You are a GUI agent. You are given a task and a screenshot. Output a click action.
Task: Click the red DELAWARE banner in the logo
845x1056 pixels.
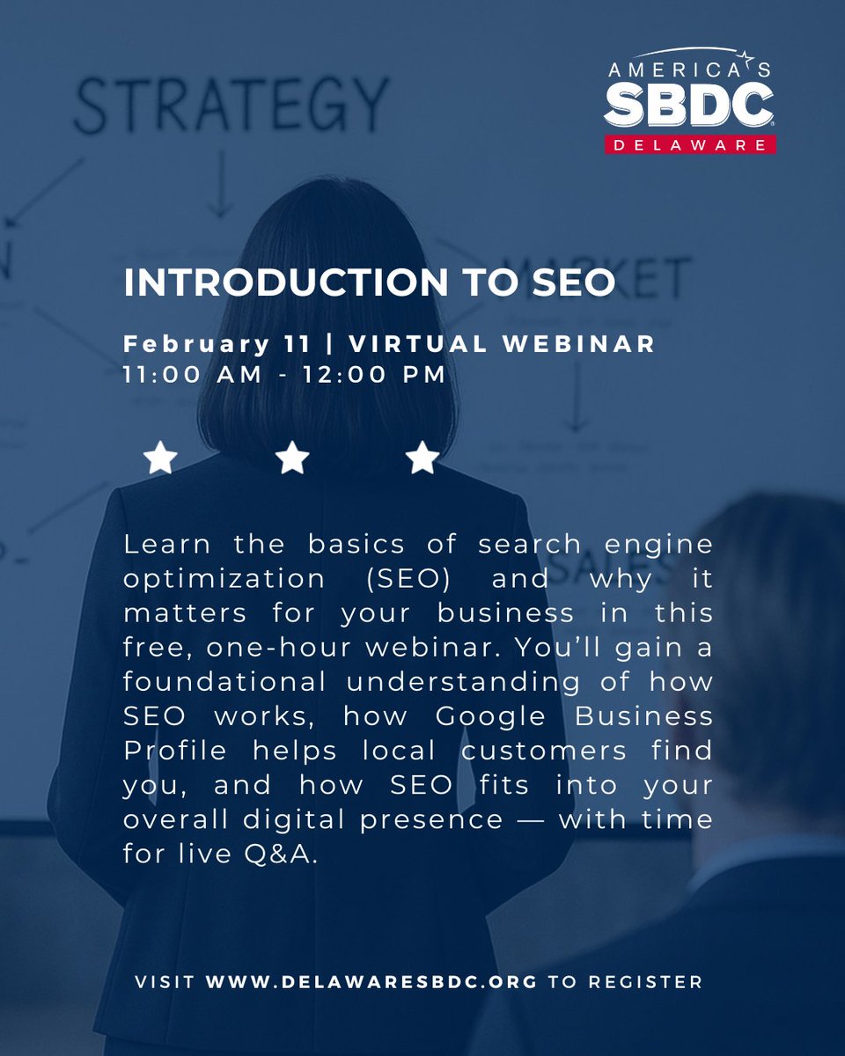(x=689, y=143)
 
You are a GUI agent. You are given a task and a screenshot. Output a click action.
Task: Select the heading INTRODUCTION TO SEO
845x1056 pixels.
(x=369, y=282)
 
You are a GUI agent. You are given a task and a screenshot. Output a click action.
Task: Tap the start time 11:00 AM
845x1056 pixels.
(x=193, y=374)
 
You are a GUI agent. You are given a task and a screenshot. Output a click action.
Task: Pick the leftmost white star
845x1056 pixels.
(x=160, y=458)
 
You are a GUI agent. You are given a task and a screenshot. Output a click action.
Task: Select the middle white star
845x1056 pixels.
(x=292, y=458)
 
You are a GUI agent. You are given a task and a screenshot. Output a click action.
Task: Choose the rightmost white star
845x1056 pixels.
(x=423, y=458)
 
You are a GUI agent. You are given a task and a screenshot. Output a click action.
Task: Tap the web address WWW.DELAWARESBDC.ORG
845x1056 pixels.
(x=371, y=981)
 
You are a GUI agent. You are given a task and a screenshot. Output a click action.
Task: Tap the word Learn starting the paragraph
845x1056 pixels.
(x=166, y=544)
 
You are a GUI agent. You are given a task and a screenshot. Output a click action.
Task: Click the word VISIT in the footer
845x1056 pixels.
(x=165, y=981)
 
